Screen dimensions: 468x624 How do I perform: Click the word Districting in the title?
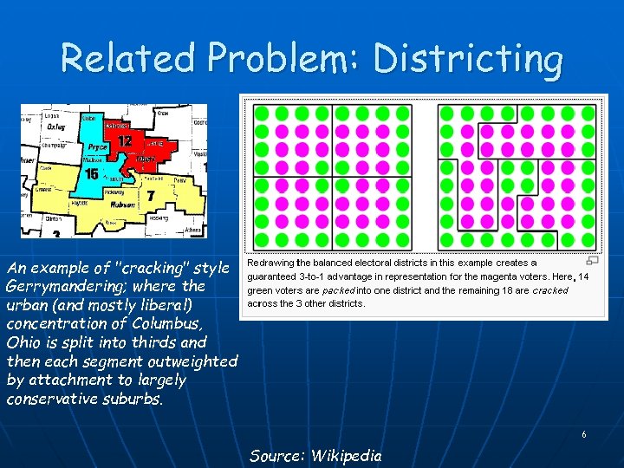(468, 59)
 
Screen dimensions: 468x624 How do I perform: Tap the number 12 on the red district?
(125, 140)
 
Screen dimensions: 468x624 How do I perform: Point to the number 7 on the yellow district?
(151, 196)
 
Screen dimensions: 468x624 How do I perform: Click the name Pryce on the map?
(96, 147)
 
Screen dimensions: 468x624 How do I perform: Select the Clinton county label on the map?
(54, 219)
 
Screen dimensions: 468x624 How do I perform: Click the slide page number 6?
(583, 434)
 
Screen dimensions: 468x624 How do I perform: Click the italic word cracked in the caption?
(550, 290)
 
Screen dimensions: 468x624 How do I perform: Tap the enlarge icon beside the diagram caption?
(593, 260)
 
